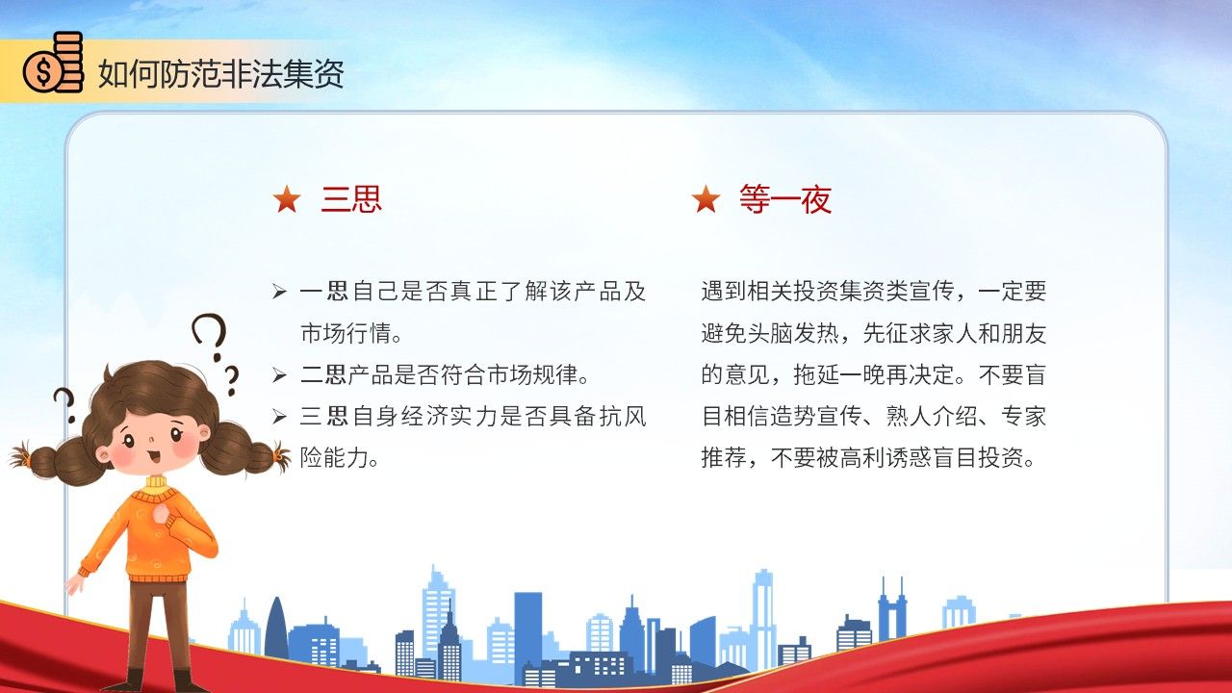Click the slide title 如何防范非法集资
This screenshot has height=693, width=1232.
221,74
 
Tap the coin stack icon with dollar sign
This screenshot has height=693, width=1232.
53,63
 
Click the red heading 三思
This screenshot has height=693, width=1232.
351,198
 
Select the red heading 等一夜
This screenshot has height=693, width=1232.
785,198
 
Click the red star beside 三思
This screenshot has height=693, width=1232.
287,199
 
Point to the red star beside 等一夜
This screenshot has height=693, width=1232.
706,199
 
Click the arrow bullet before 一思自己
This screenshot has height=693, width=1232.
279,292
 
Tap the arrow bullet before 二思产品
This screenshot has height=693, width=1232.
279,375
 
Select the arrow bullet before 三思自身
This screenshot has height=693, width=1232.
279,417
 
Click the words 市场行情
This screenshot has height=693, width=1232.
346,333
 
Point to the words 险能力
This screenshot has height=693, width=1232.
334,457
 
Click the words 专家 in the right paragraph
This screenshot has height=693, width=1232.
1023,417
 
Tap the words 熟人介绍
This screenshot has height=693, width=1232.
931,417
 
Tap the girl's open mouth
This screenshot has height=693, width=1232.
153,457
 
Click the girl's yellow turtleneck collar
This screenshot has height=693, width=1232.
156,483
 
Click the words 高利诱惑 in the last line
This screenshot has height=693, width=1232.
885,457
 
